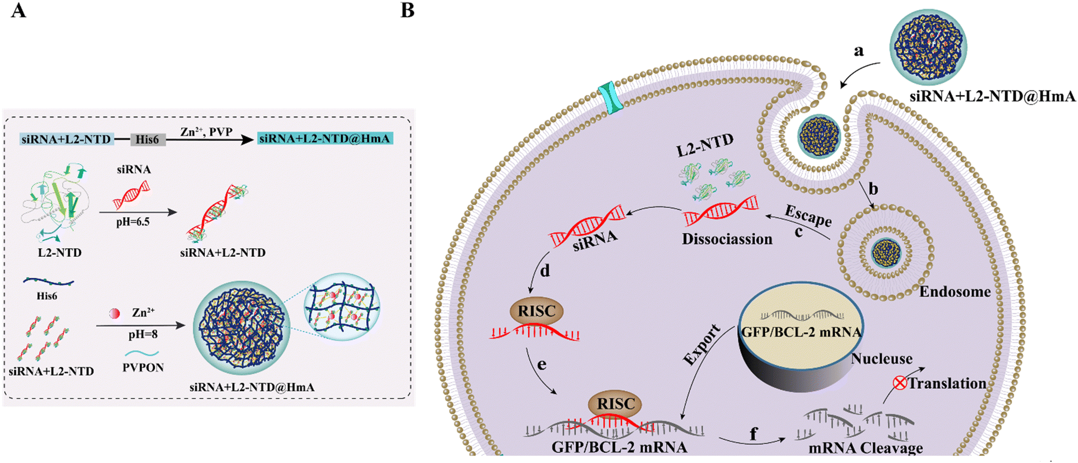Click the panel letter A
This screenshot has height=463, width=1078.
pyautogui.click(x=18, y=10)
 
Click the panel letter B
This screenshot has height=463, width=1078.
pyautogui.click(x=407, y=10)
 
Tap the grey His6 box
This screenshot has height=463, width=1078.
pyautogui.click(x=148, y=139)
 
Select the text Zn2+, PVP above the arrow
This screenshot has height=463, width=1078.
pyautogui.click(x=206, y=132)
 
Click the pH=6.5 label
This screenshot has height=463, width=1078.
pyautogui.click(x=133, y=221)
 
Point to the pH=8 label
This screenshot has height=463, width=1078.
pyautogui.click(x=143, y=334)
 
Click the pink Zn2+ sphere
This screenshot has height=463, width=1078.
pyautogui.click(x=114, y=313)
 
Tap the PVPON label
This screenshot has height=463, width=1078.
pyautogui.click(x=143, y=368)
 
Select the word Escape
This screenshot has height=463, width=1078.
pyautogui.click(x=808, y=215)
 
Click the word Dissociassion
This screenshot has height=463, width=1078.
pyautogui.click(x=727, y=238)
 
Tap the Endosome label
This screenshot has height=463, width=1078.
pyautogui.click(x=955, y=292)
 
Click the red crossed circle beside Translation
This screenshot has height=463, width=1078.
pyautogui.click(x=900, y=383)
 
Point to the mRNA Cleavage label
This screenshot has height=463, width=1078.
pyautogui.click(x=866, y=448)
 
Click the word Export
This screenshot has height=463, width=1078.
pyautogui.click(x=702, y=345)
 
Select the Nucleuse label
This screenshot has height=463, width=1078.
pyautogui.click(x=882, y=359)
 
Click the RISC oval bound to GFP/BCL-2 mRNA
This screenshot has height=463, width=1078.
pyautogui.click(x=616, y=404)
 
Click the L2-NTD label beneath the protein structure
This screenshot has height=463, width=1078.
pyautogui.click(x=59, y=252)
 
